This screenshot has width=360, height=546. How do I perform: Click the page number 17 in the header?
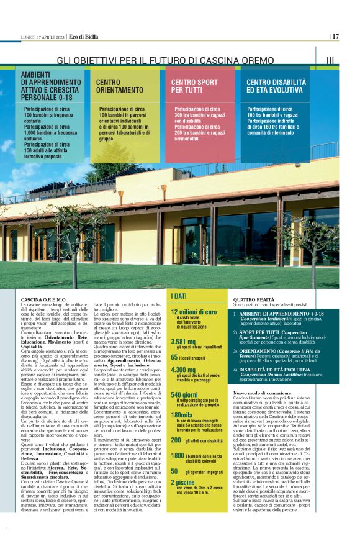click(335, 37)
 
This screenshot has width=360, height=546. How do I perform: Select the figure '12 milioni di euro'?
click(194, 312)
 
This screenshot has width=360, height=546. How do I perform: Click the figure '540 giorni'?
click(184, 394)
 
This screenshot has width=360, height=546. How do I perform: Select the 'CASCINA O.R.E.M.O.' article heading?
click(43, 299)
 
